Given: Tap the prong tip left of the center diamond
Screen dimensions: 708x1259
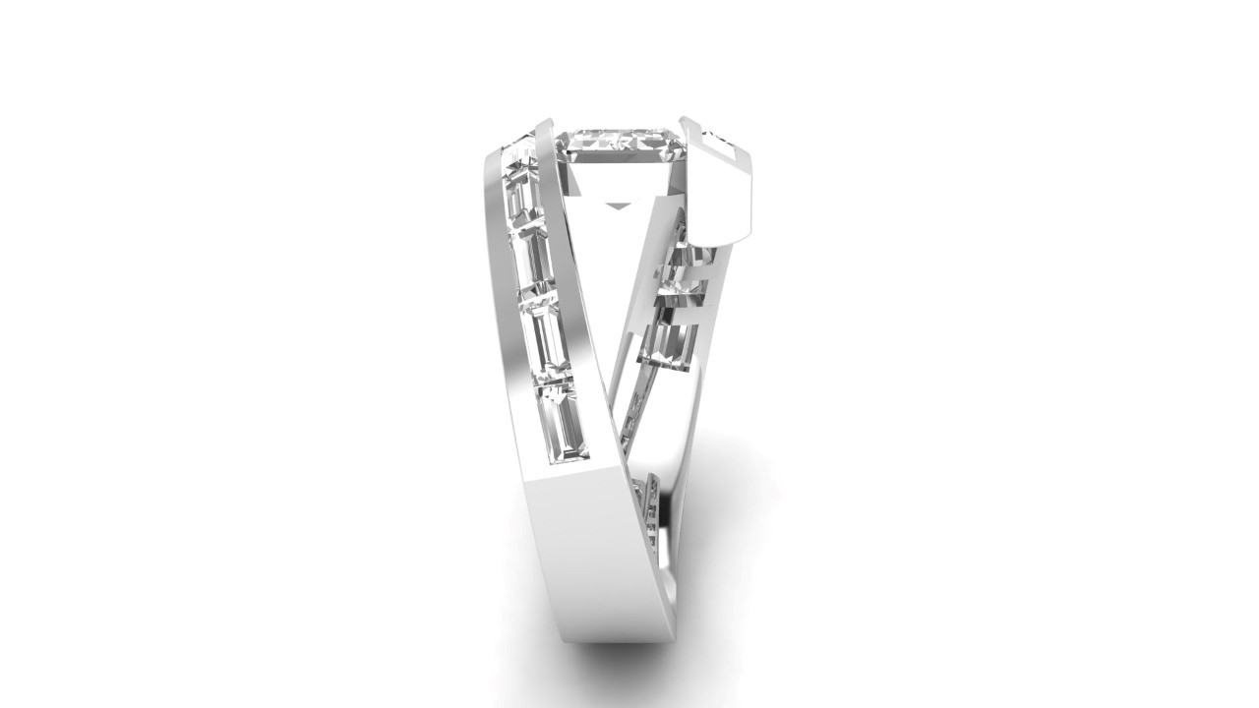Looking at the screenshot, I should [544, 128].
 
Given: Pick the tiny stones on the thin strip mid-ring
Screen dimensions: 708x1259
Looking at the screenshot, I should [629, 413].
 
